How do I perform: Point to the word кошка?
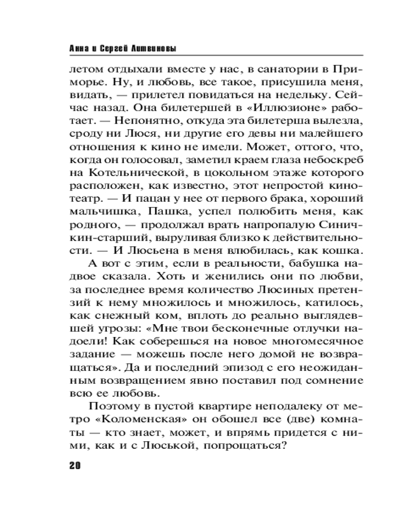click(342, 251)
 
